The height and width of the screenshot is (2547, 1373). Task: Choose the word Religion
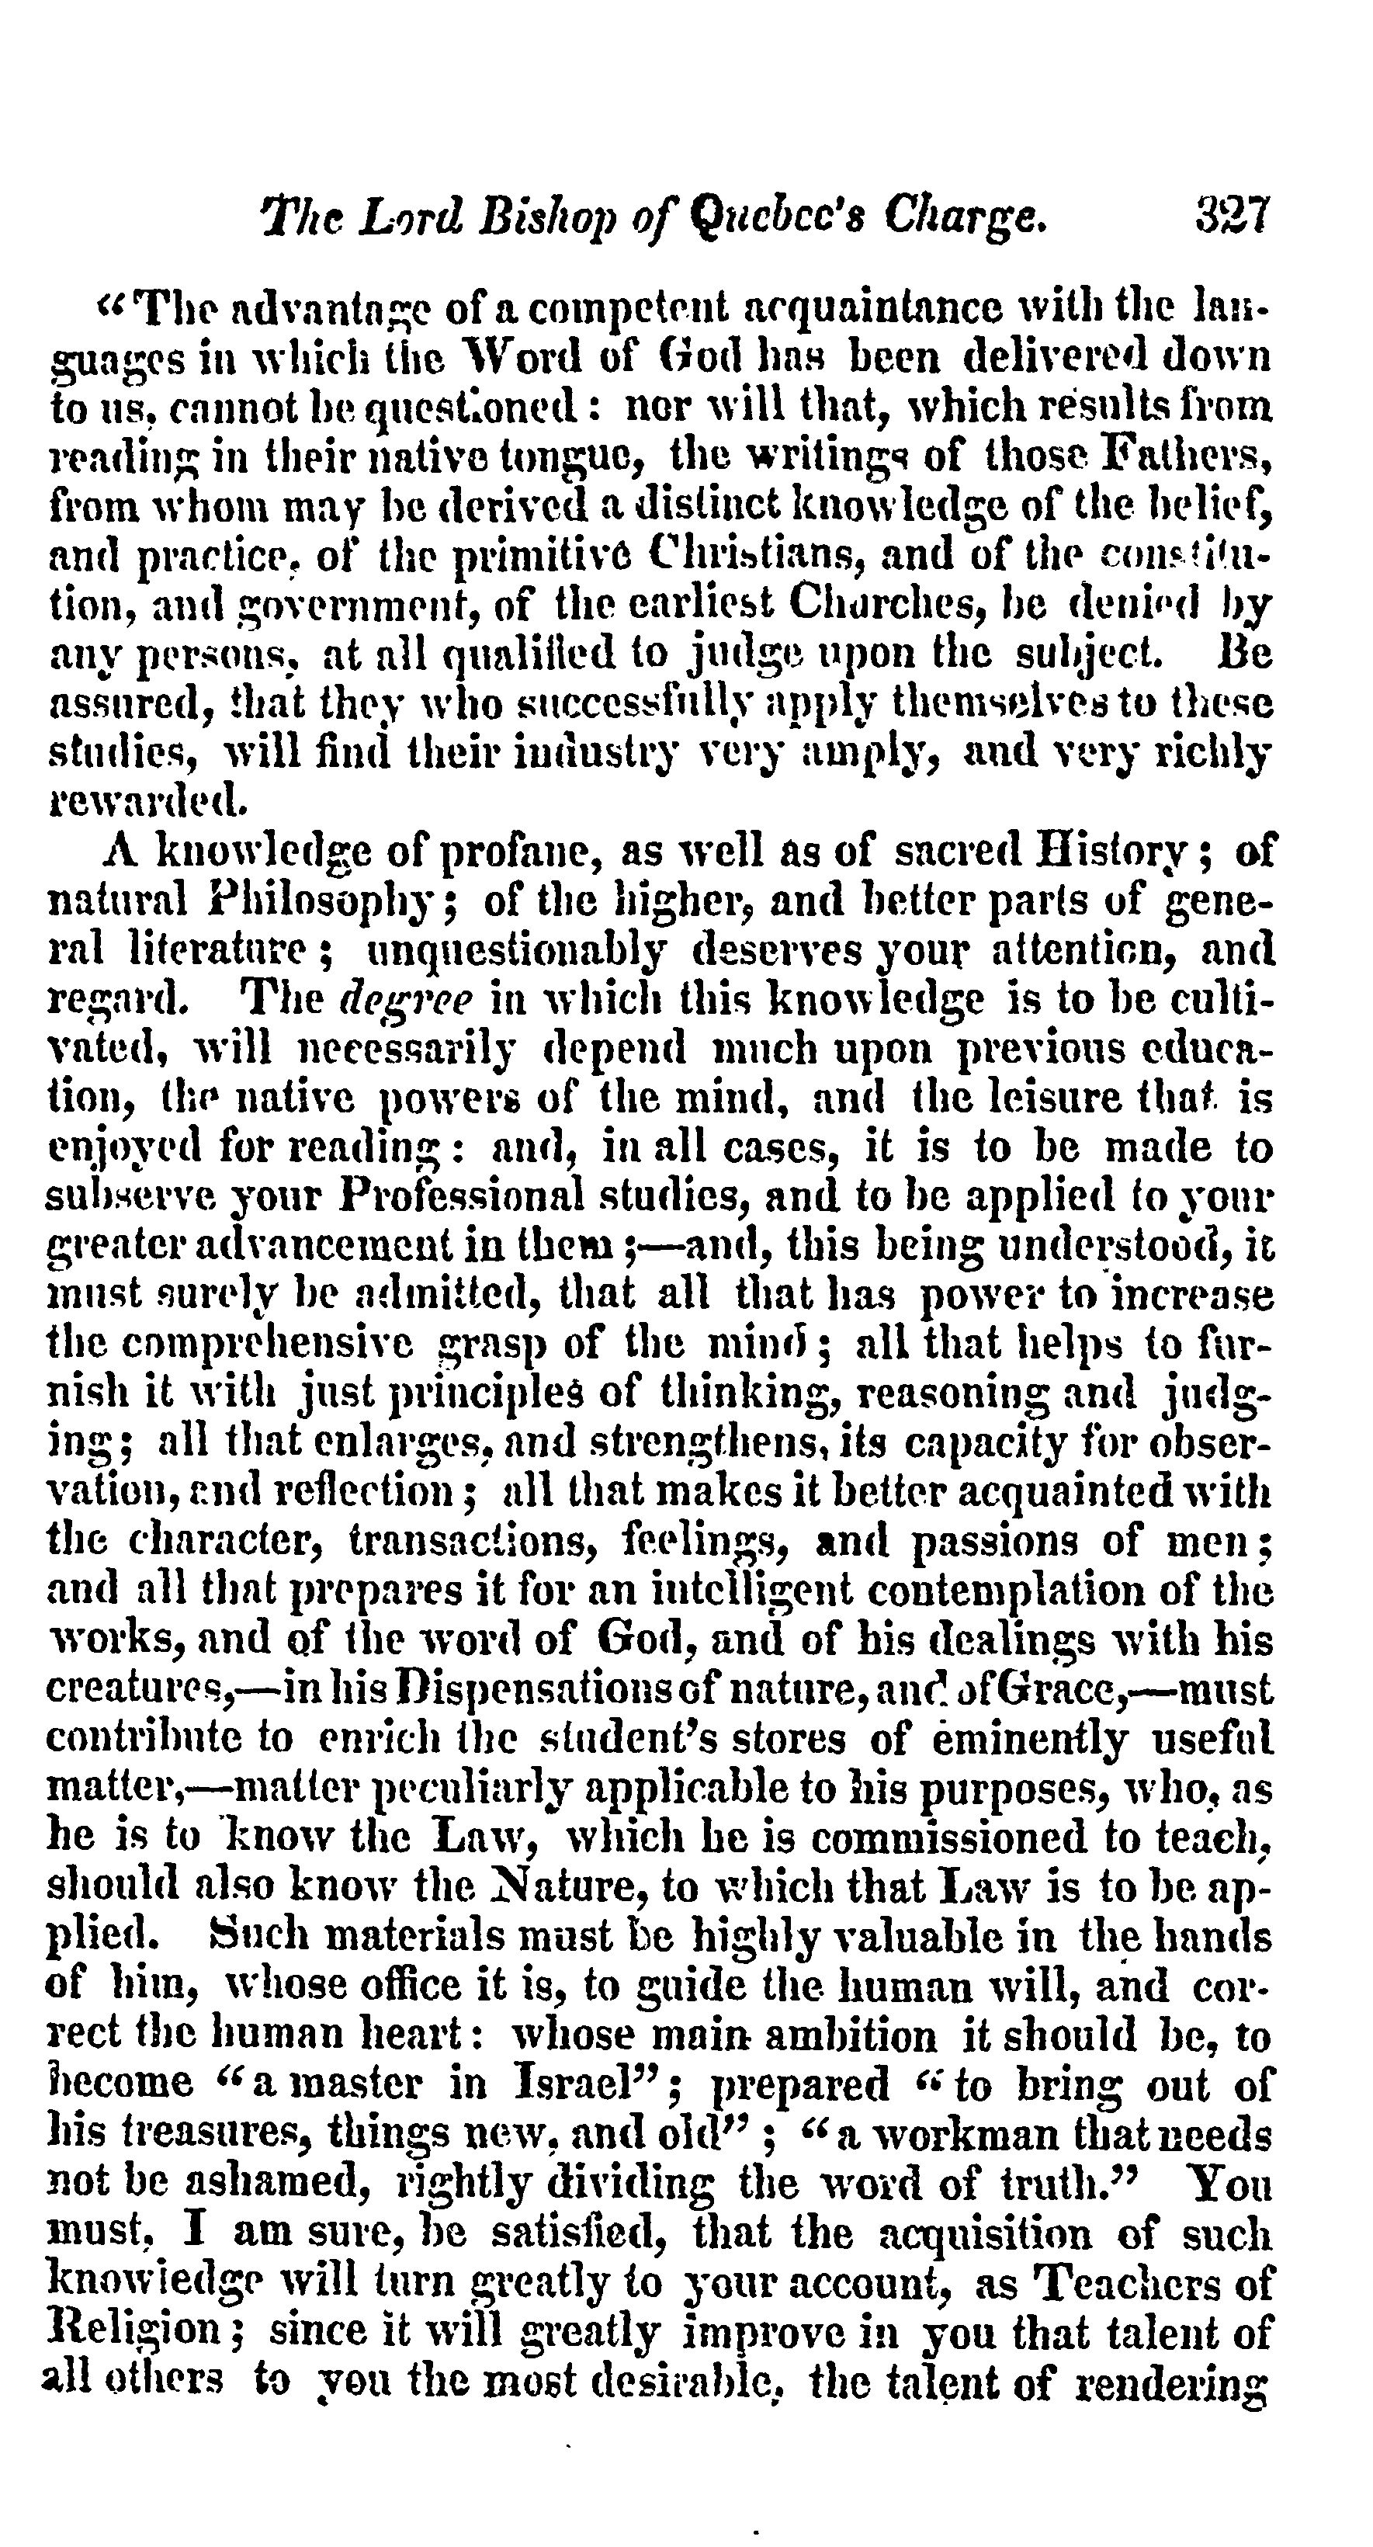140,2334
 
